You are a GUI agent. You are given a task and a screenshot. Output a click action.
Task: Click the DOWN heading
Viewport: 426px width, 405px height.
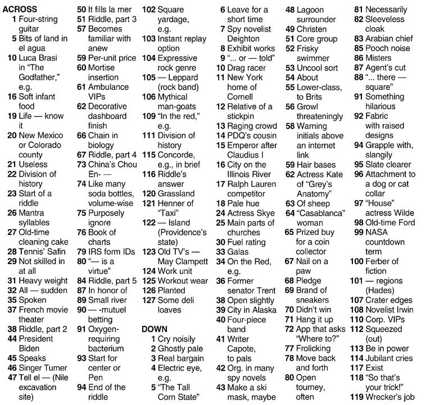155,329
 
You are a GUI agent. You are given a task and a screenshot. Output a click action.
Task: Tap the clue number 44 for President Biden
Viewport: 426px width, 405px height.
12,339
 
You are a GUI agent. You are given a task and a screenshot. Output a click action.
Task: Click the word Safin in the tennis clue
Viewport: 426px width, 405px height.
57,251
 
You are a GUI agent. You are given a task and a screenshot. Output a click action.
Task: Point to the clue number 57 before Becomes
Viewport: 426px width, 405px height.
81,29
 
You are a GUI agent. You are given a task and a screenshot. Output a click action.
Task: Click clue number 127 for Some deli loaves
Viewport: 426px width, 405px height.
149,300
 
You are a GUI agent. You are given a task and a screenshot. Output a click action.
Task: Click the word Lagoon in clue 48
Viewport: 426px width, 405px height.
310,10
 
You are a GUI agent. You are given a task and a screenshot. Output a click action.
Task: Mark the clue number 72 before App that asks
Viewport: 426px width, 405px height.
289,329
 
